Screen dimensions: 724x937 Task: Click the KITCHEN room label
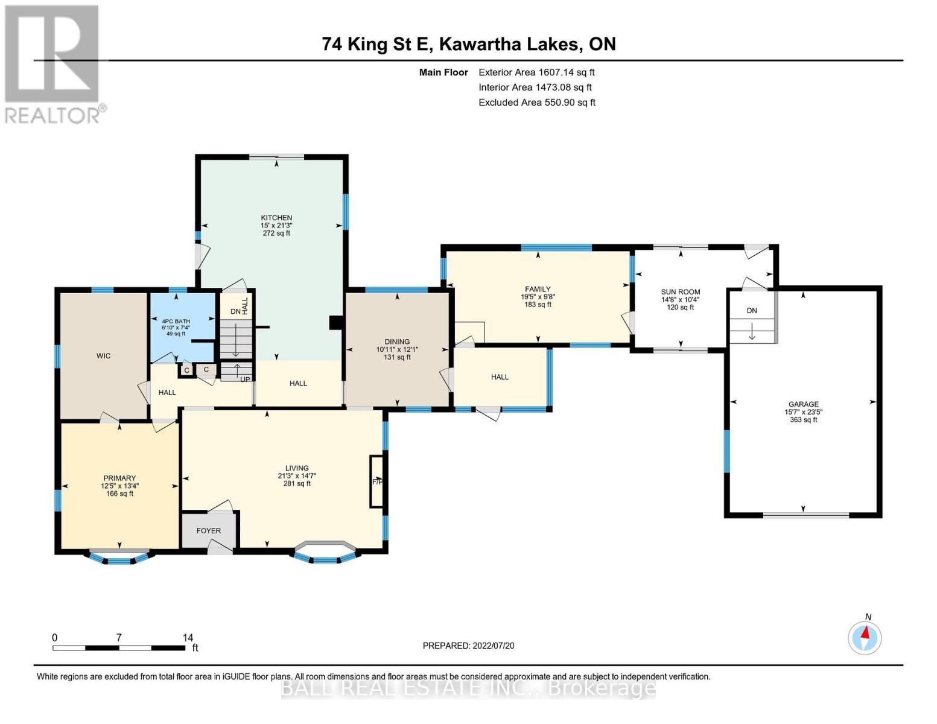click(276, 218)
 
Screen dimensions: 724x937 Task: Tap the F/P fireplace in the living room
click(377, 481)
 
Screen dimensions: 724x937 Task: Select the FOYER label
click(209, 531)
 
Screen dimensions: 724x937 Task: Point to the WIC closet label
click(104, 356)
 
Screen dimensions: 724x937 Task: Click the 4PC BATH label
click(176, 321)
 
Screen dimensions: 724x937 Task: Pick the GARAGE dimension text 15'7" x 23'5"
click(804, 412)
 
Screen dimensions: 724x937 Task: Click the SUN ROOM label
click(681, 292)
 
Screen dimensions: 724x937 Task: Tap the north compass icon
click(865, 637)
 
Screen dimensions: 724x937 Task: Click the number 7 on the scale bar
click(119, 637)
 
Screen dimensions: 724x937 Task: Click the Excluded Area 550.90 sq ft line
click(537, 103)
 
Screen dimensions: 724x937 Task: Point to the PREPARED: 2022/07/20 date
click(468, 646)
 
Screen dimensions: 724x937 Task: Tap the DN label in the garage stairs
click(752, 311)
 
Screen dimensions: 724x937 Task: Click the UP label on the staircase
click(245, 379)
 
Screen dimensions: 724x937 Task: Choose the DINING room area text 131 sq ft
click(397, 357)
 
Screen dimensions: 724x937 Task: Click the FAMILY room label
click(538, 290)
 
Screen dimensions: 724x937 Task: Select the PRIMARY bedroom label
click(119, 478)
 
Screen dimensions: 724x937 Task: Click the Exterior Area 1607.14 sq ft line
click(536, 72)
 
